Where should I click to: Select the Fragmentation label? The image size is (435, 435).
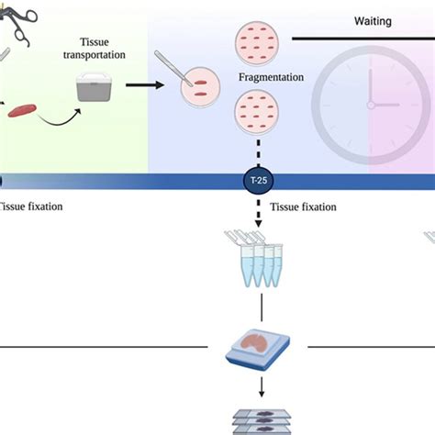(271, 78)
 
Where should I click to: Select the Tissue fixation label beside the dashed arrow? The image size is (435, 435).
(303, 207)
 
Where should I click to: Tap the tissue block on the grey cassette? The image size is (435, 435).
(253, 347)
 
